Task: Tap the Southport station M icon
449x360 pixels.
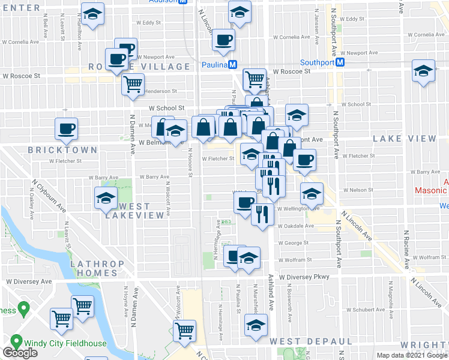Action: pyautogui.click(x=340, y=62)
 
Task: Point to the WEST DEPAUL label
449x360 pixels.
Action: pyautogui.click(x=310, y=341)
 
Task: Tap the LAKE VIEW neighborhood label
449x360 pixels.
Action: pyautogui.click(x=404, y=139)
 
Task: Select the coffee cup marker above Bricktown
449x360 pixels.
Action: pyautogui.click(x=66, y=128)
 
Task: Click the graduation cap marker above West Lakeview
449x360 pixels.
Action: pyautogui.click(x=106, y=198)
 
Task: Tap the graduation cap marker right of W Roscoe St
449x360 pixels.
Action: pyautogui.click(x=423, y=71)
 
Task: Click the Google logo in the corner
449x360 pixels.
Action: pyautogui.click(x=20, y=353)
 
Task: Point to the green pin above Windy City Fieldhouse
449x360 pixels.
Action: pyautogui.click(x=24, y=310)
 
